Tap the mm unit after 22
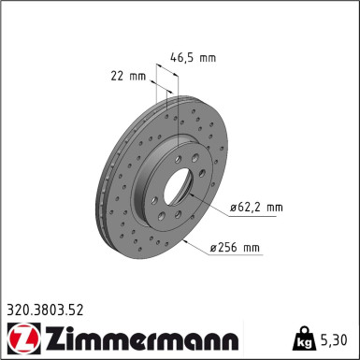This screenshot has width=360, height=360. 136,75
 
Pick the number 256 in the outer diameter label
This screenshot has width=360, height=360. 229,249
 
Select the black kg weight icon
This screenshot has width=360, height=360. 307,335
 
